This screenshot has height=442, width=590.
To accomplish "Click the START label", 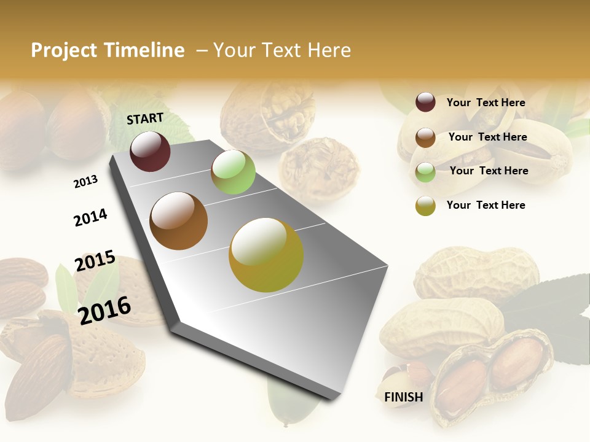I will coord(145,118).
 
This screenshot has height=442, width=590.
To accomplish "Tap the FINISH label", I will coord(404,397).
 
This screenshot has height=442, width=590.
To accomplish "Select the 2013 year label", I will coord(85,181).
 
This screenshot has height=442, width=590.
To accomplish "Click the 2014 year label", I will coord(90,217).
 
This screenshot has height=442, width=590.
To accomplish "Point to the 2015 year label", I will coord(95,261).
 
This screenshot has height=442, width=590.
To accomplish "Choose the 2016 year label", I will coord(104,310).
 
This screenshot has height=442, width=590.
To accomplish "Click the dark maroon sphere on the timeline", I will coord(150,151).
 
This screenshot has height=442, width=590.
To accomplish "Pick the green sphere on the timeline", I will coord(233,172).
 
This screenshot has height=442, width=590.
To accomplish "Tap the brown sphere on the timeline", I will coord(179,221).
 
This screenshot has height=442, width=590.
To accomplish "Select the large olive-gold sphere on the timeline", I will coord(266,255).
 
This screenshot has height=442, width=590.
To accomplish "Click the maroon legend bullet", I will coord(425,103).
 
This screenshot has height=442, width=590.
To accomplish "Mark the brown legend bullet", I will coord(425,138).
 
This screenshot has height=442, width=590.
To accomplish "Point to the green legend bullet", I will coord(425,172).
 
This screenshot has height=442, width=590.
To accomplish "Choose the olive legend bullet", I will coord(425,206).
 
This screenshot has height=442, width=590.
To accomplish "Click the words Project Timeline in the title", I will coord(108,50).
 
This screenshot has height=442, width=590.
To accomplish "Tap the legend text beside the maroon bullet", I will coord(486,103).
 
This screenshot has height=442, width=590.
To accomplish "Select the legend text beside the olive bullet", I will coord(486,205).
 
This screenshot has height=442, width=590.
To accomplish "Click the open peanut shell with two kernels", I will coord(492,374).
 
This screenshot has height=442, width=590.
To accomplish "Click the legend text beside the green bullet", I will coord(489,171).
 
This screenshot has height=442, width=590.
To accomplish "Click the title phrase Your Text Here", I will coord(282,50).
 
